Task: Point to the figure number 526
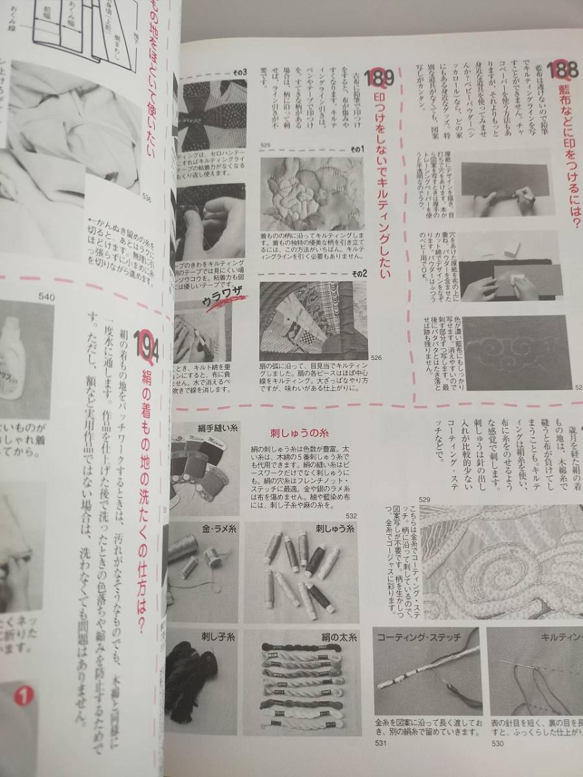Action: pyautogui.click(x=376, y=357)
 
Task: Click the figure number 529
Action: pyautogui.click(x=425, y=499)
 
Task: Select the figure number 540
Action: pyautogui.click(x=47, y=297)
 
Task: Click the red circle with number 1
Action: pyautogui.click(x=23, y=697)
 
